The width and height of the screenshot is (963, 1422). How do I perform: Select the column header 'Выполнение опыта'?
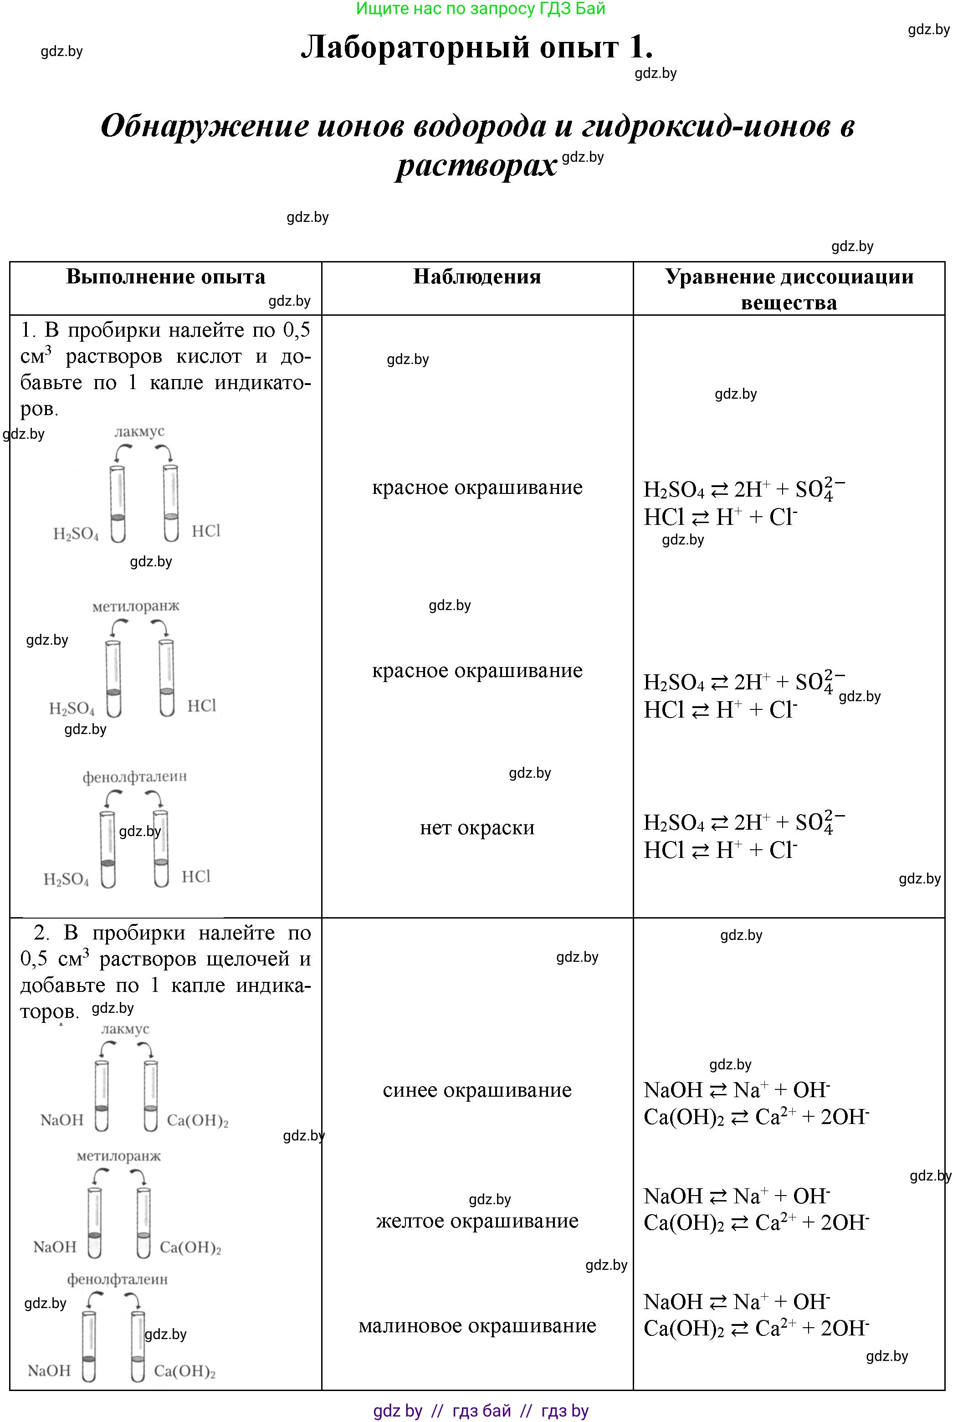(x=165, y=277)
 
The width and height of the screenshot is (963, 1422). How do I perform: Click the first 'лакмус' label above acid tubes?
(x=139, y=431)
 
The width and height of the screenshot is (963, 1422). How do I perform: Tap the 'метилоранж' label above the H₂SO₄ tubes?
(x=136, y=606)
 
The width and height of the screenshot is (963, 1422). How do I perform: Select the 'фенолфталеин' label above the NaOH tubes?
(x=118, y=1279)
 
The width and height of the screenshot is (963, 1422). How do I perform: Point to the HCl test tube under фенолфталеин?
(x=161, y=849)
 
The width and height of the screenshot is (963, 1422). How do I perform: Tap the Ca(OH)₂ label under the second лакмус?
(x=197, y=1120)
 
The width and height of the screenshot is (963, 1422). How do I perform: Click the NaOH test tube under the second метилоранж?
(x=94, y=1223)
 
